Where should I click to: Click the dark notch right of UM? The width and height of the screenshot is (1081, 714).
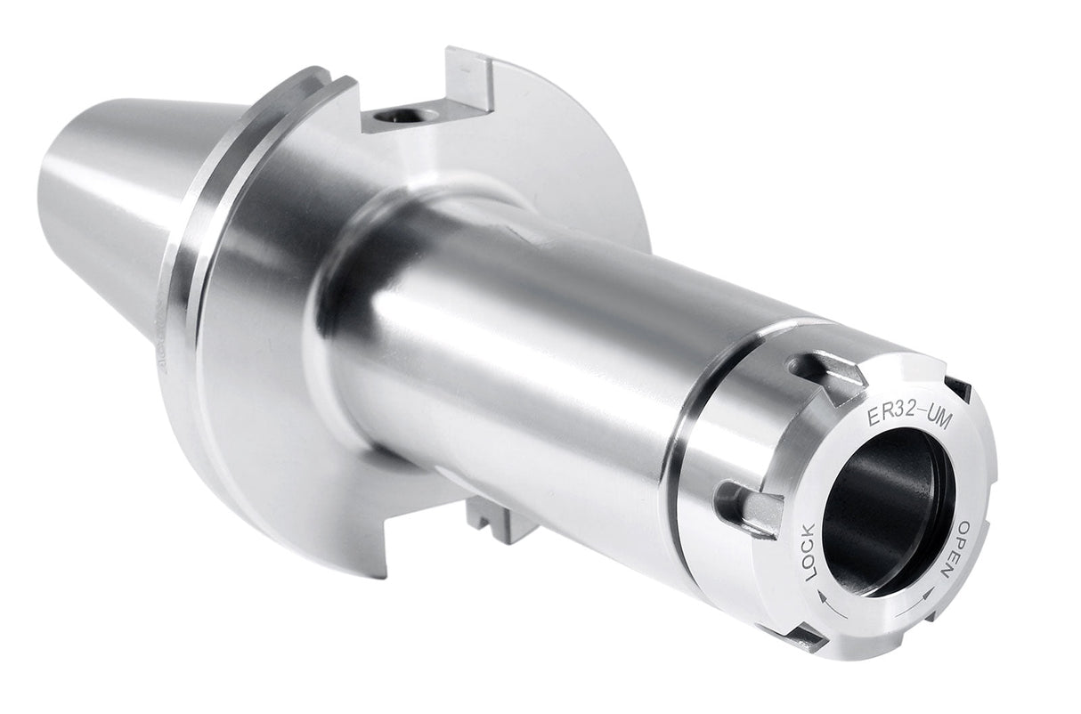coord(957,388)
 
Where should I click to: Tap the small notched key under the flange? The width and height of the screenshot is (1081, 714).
coord(492,520)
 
